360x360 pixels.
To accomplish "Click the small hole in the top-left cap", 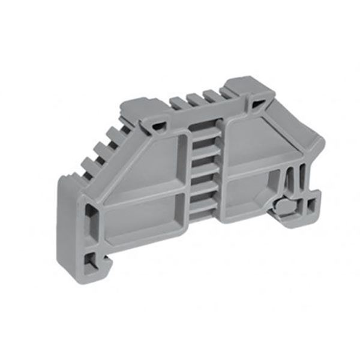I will [x=159, y=125].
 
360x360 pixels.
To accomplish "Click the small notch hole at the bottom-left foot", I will [x=89, y=259].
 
